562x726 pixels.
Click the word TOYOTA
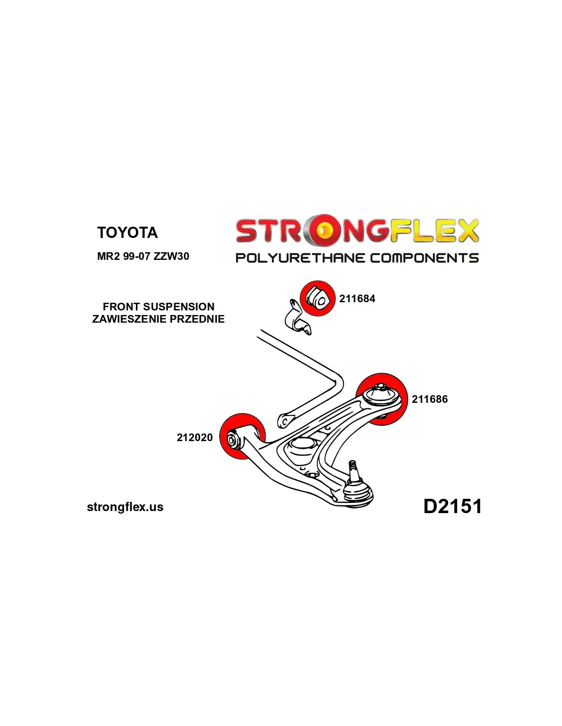(x=127, y=233)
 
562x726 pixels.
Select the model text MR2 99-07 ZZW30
(x=143, y=256)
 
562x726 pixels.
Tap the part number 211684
(x=357, y=299)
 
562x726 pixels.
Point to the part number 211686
(x=430, y=399)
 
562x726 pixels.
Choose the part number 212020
(x=195, y=438)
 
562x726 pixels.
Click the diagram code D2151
(x=453, y=506)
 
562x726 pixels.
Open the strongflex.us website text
(x=125, y=507)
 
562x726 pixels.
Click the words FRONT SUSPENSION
(x=158, y=307)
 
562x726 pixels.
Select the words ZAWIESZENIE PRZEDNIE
(x=158, y=319)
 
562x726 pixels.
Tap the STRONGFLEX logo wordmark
(x=357, y=231)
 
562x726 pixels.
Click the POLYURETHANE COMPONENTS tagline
(x=357, y=258)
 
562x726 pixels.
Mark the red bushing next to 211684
(x=317, y=298)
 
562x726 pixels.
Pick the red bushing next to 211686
(x=382, y=399)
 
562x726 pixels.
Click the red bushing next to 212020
(x=243, y=437)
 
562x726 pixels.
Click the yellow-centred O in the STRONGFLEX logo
(x=324, y=231)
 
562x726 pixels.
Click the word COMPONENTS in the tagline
(x=424, y=258)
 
